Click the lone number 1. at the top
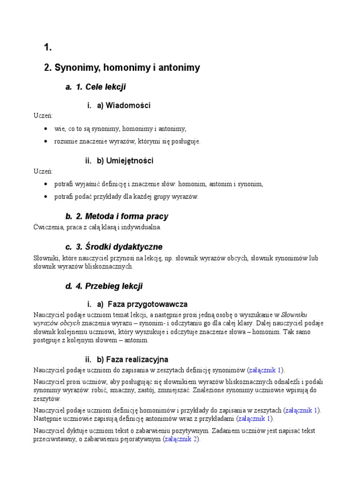(x=47, y=47)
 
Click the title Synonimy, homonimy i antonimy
(x=122, y=67)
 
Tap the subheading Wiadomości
(x=124, y=105)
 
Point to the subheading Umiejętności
(x=125, y=161)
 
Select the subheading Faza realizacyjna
(x=133, y=360)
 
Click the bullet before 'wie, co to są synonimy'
(x=45, y=128)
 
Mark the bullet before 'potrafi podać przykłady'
(x=45, y=197)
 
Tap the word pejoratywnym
(x=138, y=439)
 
